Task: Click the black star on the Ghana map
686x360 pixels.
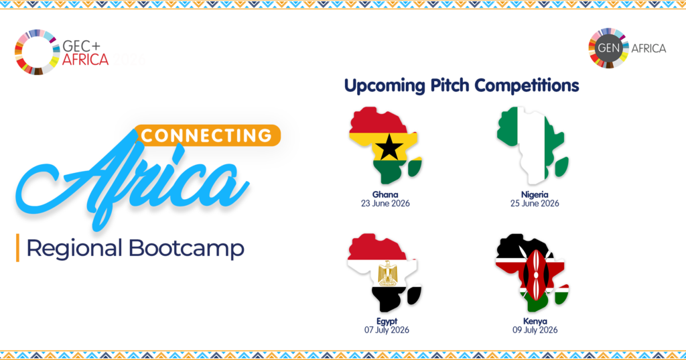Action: [x=389, y=147]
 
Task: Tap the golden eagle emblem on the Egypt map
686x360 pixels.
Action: [x=387, y=273]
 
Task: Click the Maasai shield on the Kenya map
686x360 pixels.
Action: [x=535, y=274]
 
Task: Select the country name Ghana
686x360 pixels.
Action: [x=385, y=194]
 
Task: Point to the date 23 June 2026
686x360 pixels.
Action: [x=385, y=203]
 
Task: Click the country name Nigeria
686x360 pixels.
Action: [x=535, y=194]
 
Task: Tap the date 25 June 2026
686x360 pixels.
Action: [x=535, y=203]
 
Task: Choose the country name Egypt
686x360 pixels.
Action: [x=387, y=322]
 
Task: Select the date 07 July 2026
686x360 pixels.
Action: [x=387, y=330]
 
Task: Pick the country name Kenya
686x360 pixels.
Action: [x=535, y=322]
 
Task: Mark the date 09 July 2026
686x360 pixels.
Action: [x=535, y=330]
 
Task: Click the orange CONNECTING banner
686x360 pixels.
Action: [x=208, y=135]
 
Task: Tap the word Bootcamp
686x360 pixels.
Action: [x=186, y=248]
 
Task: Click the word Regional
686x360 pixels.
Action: [x=74, y=249]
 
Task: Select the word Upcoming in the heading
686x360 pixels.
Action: [x=385, y=86]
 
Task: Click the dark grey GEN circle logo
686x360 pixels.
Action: [x=608, y=48]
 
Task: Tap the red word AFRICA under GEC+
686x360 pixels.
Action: [x=85, y=59]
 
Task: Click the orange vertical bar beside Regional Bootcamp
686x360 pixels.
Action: [x=17, y=248]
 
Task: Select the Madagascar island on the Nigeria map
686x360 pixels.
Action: [x=561, y=166]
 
